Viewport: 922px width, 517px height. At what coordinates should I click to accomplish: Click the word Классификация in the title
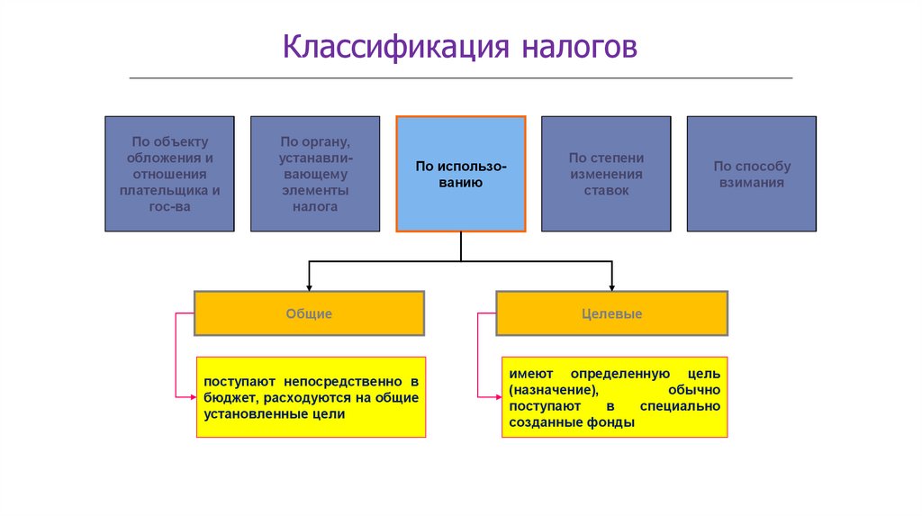pyautogui.click(x=396, y=47)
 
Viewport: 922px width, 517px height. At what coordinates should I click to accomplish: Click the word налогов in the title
pyautogui.click(x=579, y=47)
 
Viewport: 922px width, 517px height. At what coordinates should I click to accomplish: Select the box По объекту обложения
pyautogui.click(x=170, y=174)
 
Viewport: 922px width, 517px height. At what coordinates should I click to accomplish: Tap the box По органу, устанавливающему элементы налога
pyautogui.click(x=315, y=174)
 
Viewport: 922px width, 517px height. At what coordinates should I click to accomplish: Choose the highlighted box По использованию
pyautogui.click(x=461, y=174)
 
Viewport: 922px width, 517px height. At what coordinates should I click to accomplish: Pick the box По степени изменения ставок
pyautogui.click(x=606, y=174)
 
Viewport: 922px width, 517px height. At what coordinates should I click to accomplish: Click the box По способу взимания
pyautogui.click(x=752, y=174)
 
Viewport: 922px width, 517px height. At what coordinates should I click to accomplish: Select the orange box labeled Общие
pyautogui.click(x=310, y=313)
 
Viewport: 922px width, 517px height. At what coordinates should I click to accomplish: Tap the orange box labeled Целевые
pyautogui.click(x=612, y=313)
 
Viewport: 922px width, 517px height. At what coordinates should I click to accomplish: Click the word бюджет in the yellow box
pyautogui.click(x=228, y=398)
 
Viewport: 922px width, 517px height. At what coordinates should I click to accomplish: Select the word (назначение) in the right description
pyautogui.click(x=554, y=390)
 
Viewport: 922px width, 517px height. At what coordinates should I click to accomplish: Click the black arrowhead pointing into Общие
pyautogui.click(x=310, y=287)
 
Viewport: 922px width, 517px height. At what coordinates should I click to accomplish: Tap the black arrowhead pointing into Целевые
pyautogui.click(x=612, y=287)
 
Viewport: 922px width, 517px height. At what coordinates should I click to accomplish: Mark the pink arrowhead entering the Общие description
pyautogui.click(x=194, y=397)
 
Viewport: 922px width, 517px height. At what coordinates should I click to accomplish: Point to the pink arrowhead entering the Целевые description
pyautogui.click(x=499, y=397)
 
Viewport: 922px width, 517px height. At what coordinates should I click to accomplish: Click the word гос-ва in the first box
pyautogui.click(x=170, y=206)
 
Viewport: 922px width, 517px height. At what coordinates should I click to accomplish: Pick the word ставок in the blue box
pyautogui.click(x=606, y=191)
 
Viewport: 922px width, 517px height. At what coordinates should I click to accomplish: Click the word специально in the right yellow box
pyautogui.click(x=681, y=406)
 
